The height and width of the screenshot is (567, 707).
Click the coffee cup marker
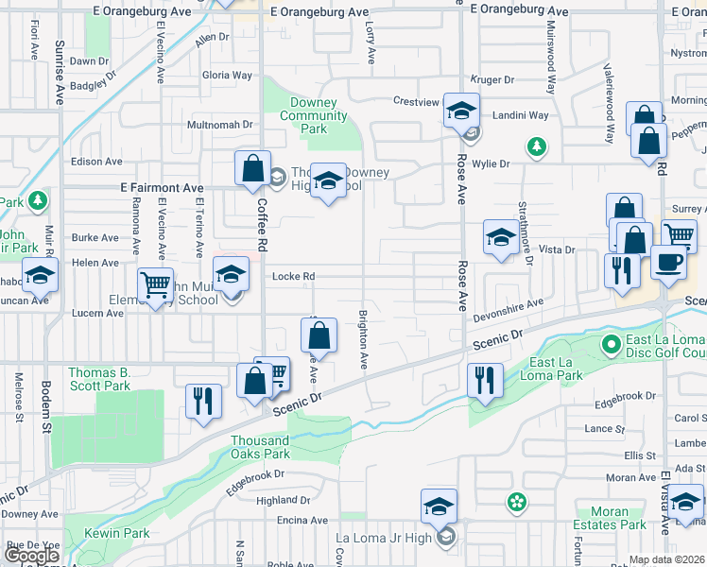(669, 262)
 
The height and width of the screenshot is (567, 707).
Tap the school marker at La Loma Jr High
(439, 507)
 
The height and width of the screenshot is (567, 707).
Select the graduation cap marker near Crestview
(461, 111)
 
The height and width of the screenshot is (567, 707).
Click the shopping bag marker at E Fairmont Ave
(253, 169)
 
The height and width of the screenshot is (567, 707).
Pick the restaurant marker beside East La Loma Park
(485, 381)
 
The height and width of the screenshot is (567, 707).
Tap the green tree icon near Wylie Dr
(537, 146)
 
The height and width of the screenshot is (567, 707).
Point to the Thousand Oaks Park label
(260, 447)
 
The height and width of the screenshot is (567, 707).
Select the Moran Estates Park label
(609, 518)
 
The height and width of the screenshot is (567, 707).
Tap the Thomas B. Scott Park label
(99, 379)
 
